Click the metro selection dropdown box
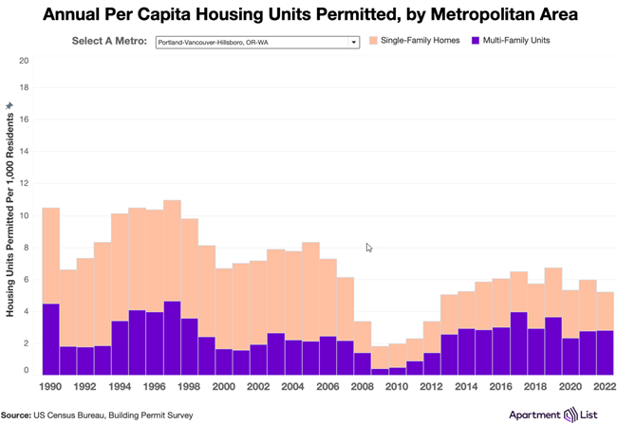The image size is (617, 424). tap(256, 42)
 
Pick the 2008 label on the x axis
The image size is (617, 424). tap(362, 388)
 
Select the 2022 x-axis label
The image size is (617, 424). tap(603, 388)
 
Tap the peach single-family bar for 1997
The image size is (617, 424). tap(172, 251)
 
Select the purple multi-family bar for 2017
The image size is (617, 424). tap(518, 343)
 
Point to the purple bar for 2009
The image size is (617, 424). tap(380, 372)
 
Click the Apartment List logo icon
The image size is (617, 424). tap(570, 415)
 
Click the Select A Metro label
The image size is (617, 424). tap(110, 42)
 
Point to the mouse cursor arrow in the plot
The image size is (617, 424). tap(368, 248)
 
